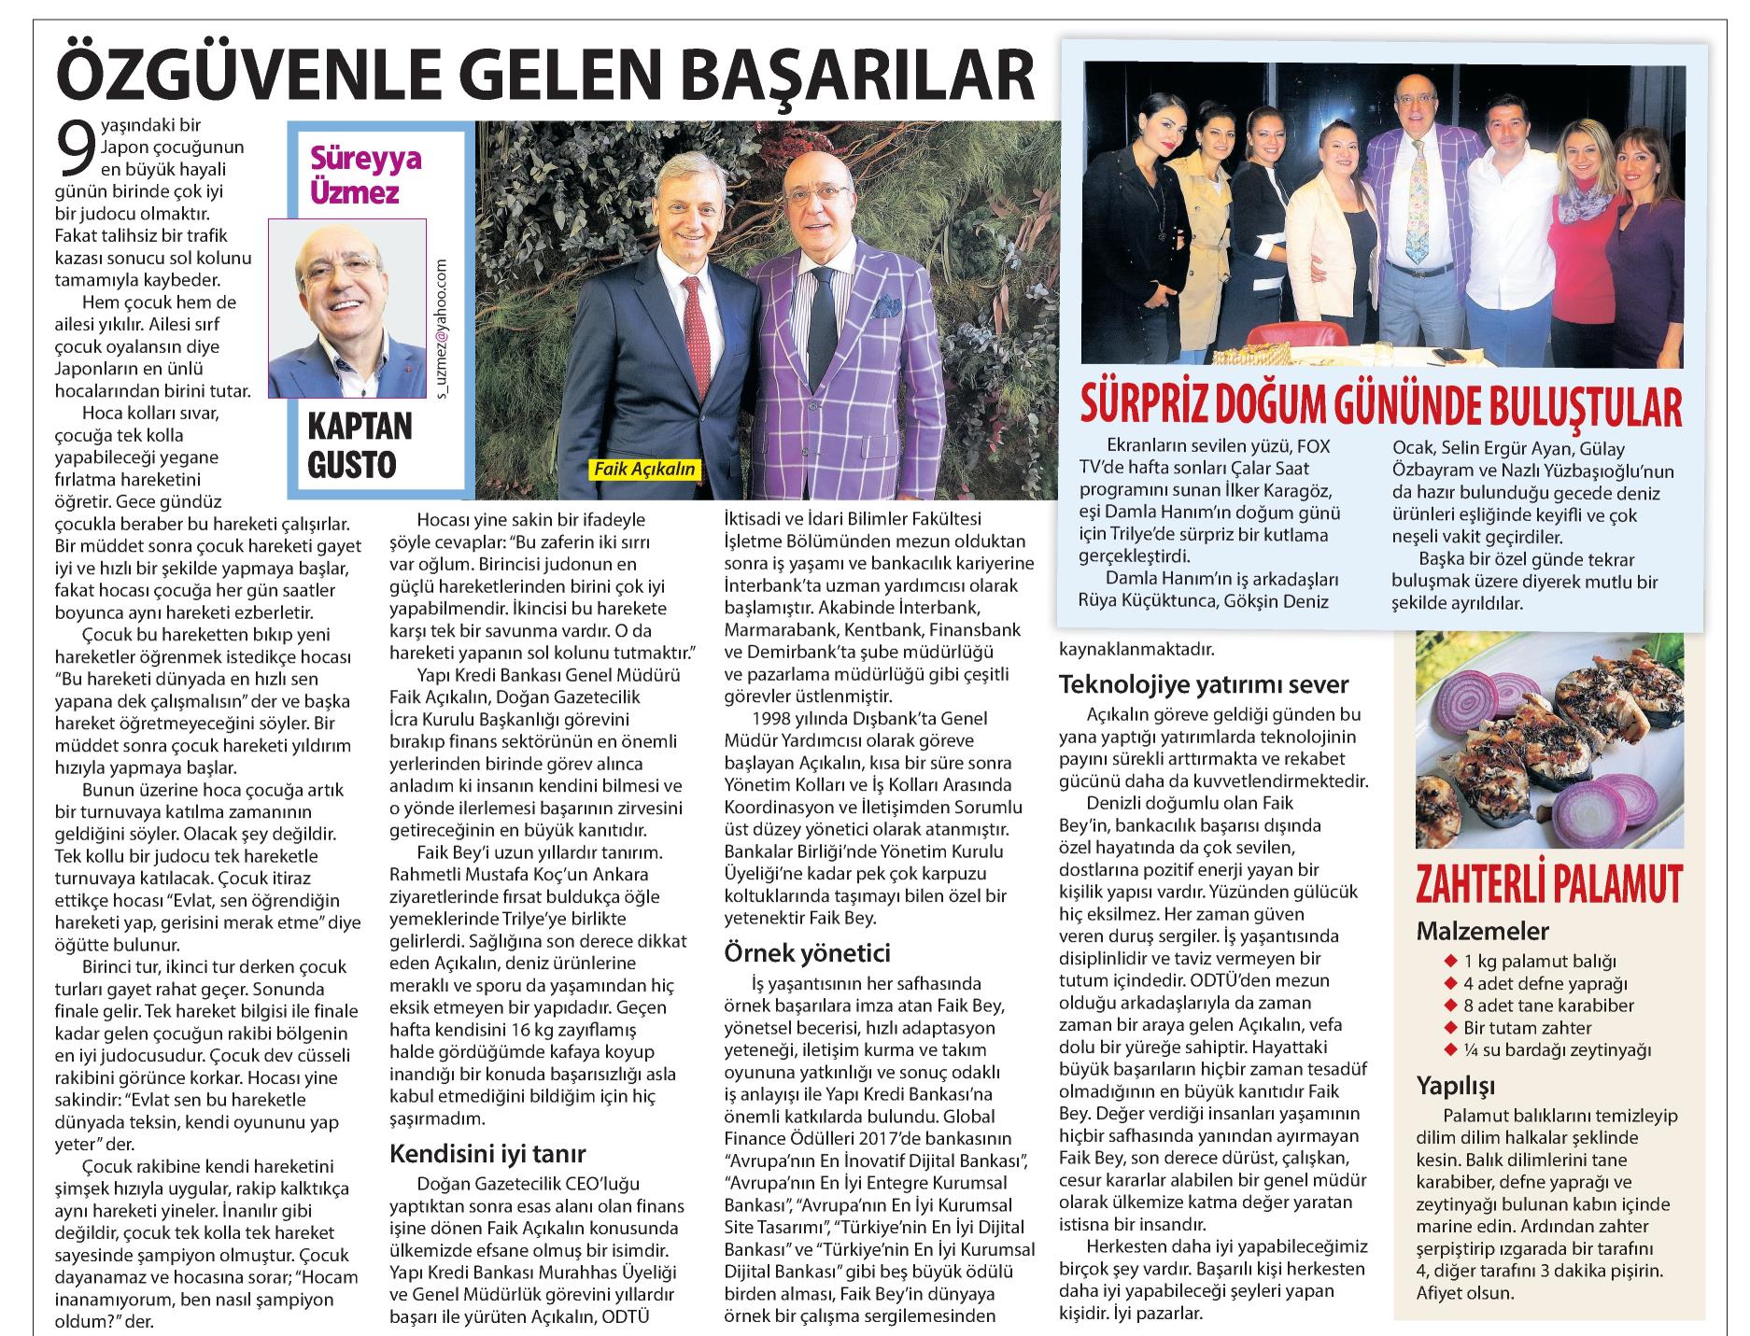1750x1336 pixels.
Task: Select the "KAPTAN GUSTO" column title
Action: (x=360, y=446)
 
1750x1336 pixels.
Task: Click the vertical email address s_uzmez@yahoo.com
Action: (x=442, y=328)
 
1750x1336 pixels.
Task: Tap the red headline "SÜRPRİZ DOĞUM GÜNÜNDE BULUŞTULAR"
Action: (x=1380, y=405)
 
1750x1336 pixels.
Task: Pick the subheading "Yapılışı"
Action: (x=1456, y=1086)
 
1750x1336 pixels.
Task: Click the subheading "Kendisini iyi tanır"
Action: (x=487, y=1153)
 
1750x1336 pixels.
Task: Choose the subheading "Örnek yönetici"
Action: (x=807, y=953)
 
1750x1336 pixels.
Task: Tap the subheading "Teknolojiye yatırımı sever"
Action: (x=1204, y=684)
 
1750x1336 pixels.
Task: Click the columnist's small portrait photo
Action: (x=347, y=309)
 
